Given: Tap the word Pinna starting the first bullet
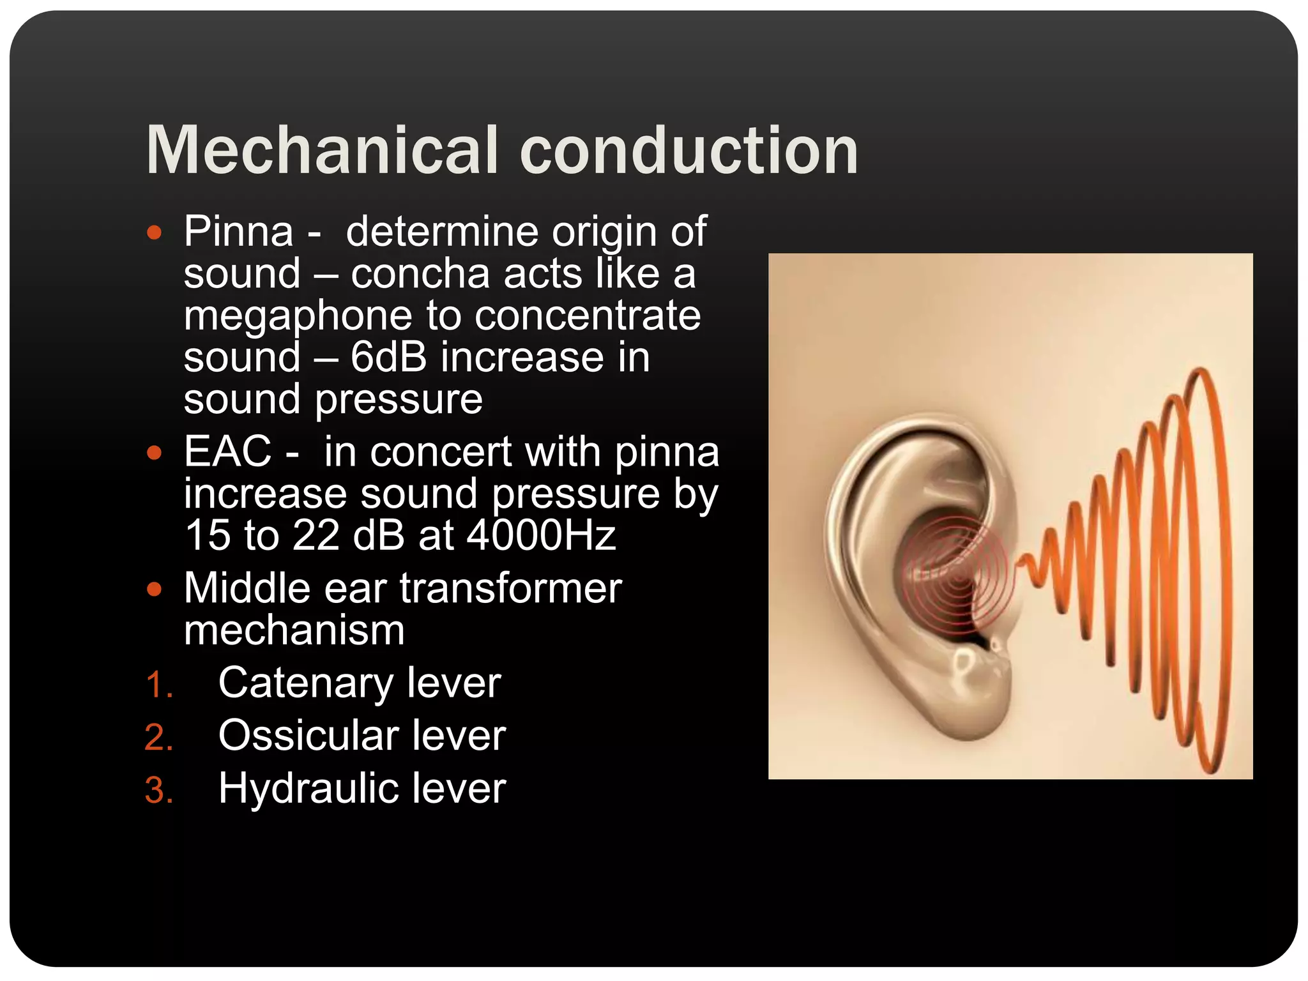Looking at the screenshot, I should [x=238, y=231].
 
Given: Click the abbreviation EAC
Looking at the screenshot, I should [x=228, y=452].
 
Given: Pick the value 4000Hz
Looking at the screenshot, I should [x=542, y=535].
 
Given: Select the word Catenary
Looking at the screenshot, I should [x=305, y=683].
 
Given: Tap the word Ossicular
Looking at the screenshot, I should [x=308, y=736].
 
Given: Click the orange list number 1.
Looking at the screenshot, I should [x=158, y=686].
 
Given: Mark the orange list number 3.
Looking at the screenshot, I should [x=158, y=791].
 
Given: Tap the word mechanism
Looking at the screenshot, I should [x=294, y=631].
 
